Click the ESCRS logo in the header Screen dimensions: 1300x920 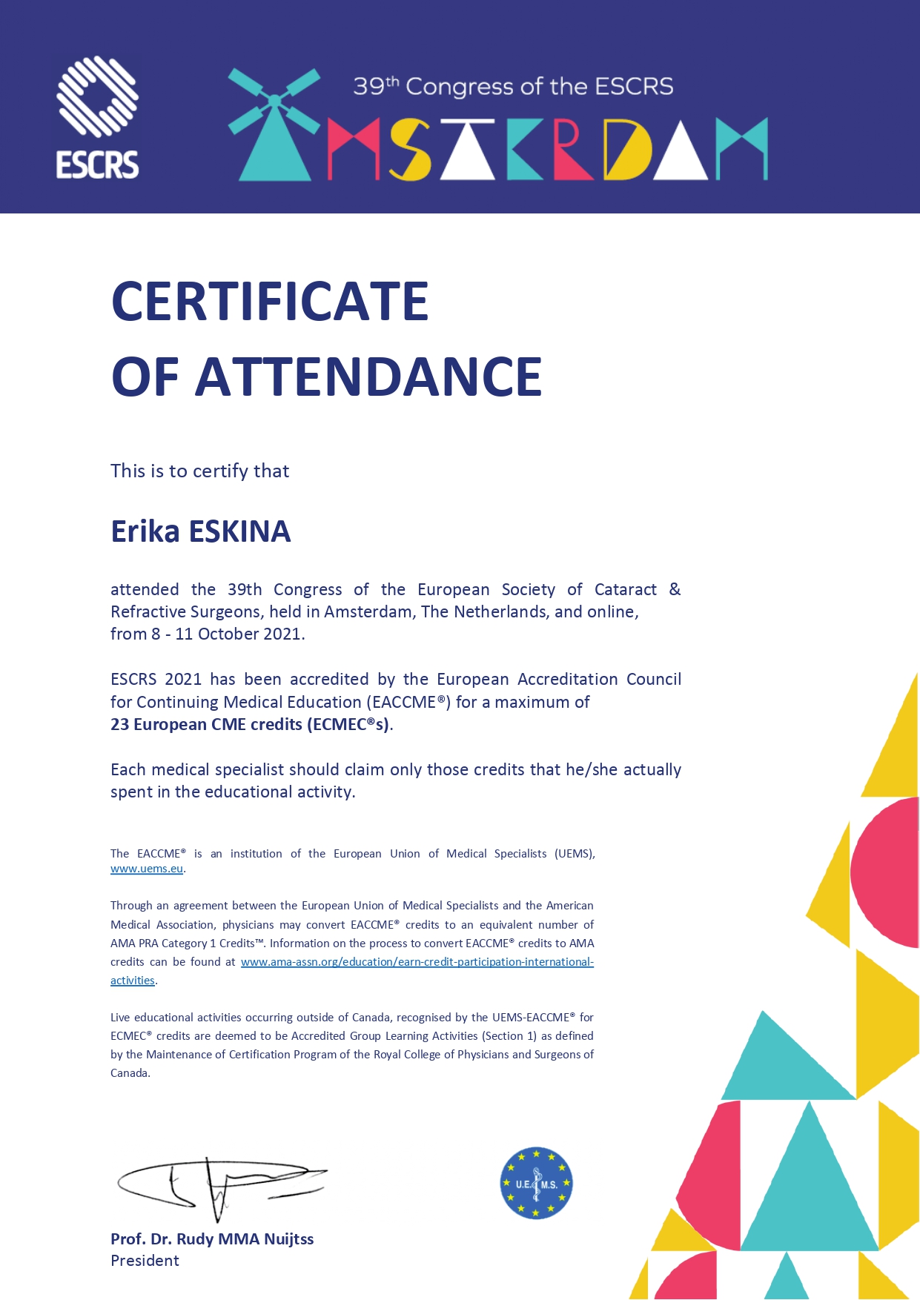pos(98,118)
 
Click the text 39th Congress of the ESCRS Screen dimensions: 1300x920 pos(513,87)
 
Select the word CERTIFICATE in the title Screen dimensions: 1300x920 pos(270,302)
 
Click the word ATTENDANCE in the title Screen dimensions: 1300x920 pos(368,377)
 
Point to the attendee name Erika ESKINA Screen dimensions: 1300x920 pos(200,531)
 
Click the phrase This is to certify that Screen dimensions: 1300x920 pos(199,471)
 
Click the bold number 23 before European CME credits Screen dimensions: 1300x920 pos(119,725)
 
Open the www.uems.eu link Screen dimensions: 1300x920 pos(147,869)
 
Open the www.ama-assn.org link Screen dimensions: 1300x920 pos(417,962)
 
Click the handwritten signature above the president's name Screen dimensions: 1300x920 pos(220,1184)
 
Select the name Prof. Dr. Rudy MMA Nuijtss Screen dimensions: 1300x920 pos(212,1239)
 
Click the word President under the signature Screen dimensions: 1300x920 pos(145,1261)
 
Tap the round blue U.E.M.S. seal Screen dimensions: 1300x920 pos(536,1184)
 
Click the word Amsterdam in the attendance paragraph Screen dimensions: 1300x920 pos(368,612)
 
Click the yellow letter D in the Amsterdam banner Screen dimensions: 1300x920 pos(626,150)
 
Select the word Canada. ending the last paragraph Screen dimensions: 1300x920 pos(130,1073)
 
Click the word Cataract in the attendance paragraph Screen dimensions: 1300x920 pos(625,590)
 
